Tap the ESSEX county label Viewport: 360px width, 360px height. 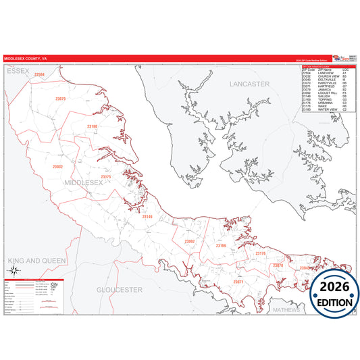(18, 71)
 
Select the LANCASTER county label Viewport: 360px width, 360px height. (249, 84)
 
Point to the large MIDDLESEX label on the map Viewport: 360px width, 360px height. (84, 182)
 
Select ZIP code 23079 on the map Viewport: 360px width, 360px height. (61, 99)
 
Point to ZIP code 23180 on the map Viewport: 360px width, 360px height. (92, 126)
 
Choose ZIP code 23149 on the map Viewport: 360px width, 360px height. (147, 217)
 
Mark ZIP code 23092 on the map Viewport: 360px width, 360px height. (189, 241)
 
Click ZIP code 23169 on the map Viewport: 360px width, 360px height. (221, 246)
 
